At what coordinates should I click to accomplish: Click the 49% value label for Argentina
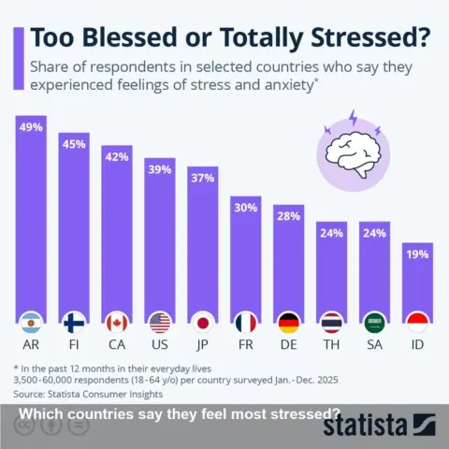32,127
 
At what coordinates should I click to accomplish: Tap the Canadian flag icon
117,323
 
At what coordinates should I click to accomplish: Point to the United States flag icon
160,323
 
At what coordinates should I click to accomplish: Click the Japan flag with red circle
203,323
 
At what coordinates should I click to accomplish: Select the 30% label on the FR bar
246,208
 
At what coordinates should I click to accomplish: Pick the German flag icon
289,323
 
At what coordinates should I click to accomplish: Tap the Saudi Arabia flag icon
375,323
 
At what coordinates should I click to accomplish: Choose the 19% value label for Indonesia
418,253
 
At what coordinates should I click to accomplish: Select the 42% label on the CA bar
117,156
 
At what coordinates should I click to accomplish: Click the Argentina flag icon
32,323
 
